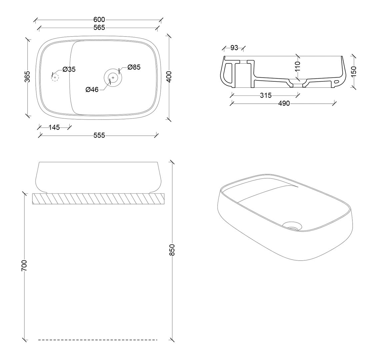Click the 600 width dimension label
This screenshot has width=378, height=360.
tap(99, 20)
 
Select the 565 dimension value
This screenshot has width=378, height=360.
tap(99, 28)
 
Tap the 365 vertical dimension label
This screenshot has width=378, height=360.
tap(28, 76)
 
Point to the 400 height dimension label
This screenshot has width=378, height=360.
tap(169, 77)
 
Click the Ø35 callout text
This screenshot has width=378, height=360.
tap(69, 69)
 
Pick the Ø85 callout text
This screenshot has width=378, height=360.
tap(134, 67)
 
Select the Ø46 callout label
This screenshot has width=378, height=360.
tap(92, 89)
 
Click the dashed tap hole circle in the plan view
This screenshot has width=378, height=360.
tap(55, 77)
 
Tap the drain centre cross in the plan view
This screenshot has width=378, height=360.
tap(113, 77)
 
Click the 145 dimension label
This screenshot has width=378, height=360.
tap(54, 127)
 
